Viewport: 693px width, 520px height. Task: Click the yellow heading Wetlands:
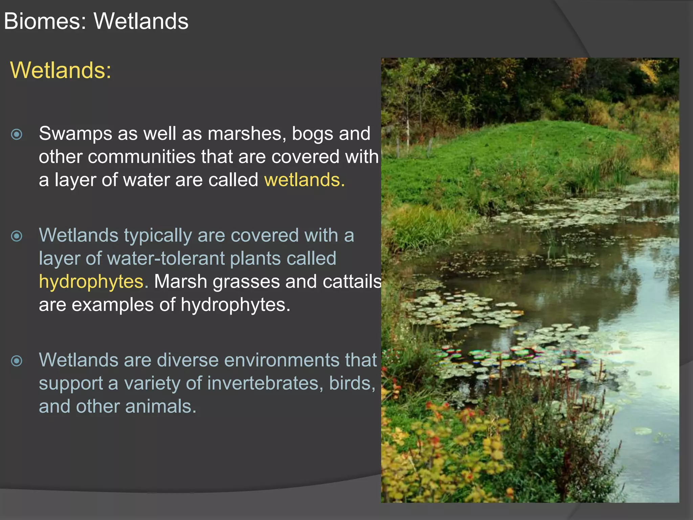pos(61,70)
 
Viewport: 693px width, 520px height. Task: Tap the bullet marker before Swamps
pos(17,134)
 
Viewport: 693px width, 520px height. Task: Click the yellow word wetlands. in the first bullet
pos(304,180)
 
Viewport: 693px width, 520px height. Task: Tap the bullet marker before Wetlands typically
pos(17,236)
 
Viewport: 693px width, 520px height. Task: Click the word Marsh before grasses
pos(180,282)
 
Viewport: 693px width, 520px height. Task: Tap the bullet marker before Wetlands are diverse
pos(17,361)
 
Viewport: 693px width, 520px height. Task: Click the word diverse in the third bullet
pos(187,360)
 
